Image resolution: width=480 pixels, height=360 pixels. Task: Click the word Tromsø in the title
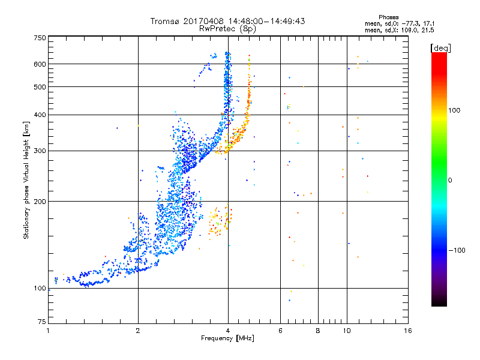(166, 21)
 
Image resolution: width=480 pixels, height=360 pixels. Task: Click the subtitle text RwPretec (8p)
(227, 29)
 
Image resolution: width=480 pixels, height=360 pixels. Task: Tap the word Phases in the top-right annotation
(388, 17)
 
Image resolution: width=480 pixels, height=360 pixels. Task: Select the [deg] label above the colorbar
(440, 48)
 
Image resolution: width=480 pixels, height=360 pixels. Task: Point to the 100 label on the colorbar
(454, 110)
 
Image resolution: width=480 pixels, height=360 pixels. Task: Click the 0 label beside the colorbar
(450, 181)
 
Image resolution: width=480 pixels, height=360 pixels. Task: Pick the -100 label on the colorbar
(457, 250)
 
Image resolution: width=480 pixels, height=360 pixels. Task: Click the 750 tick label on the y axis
(40, 38)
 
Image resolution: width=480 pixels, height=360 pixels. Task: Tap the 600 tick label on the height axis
(40, 64)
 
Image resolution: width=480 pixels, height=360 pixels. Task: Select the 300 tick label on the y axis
(40, 151)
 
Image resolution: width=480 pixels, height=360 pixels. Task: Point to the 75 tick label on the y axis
(42, 322)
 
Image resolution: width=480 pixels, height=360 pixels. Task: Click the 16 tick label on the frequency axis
(408, 331)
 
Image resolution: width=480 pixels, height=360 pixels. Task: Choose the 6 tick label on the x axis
(280, 331)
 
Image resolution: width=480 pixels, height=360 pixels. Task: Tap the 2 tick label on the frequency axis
(138, 331)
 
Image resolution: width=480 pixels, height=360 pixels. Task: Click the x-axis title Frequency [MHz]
(227, 338)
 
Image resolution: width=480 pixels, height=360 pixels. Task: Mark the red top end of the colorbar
(439, 53)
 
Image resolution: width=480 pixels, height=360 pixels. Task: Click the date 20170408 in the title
(203, 21)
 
